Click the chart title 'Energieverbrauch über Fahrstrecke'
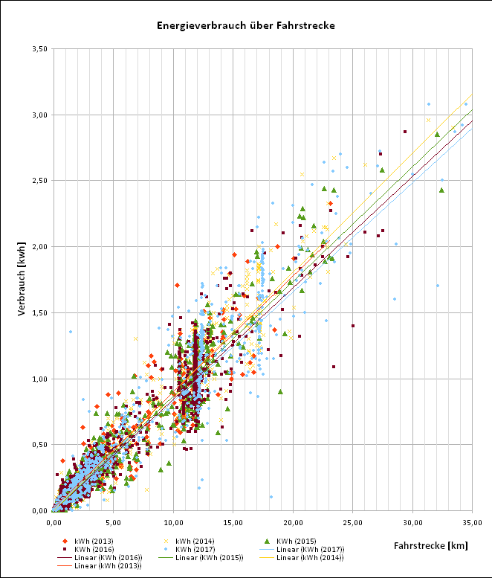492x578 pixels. tap(246, 25)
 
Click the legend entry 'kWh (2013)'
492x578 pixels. tap(91, 541)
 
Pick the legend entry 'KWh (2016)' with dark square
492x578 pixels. tap(91, 549)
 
